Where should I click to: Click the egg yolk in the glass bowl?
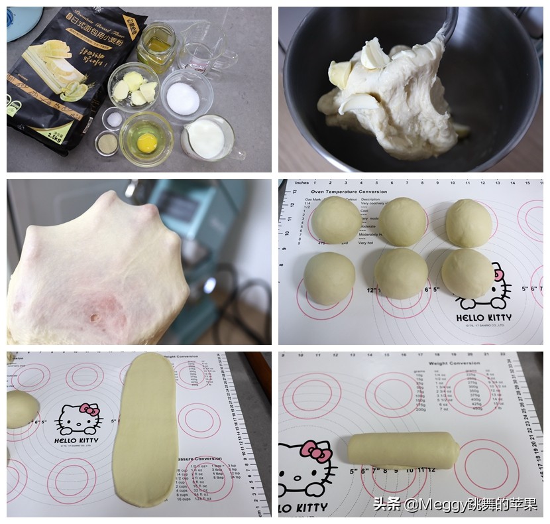click(147, 141)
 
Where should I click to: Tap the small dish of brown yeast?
click(107, 143)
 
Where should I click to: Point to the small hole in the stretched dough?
click(93, 318)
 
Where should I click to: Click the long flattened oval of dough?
click(146, 429)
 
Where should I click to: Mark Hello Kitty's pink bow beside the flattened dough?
click(89, 410)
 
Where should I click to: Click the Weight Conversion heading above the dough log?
click(455, 363)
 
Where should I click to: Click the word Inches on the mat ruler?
click(303, 182)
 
